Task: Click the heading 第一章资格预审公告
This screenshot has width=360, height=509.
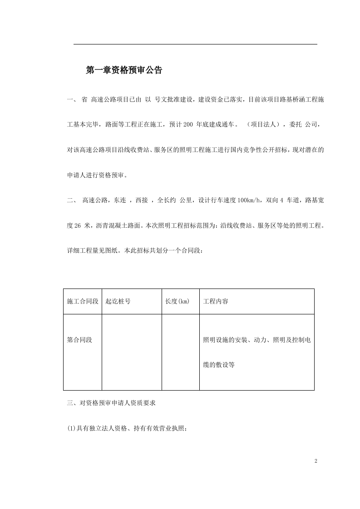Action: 124,70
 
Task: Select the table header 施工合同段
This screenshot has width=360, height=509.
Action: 83,301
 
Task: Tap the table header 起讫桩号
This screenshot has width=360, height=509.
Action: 118,301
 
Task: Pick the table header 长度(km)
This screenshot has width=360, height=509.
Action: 177,301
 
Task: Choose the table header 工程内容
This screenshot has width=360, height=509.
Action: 216,301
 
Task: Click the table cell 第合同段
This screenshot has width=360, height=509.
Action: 79,340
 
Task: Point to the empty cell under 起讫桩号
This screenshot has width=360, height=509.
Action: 132,352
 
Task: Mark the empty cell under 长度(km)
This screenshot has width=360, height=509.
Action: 181,352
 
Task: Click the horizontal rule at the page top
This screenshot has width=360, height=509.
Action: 195,44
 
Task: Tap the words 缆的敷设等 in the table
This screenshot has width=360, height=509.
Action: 218,364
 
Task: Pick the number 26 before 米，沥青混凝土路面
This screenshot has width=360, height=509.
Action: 77,225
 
